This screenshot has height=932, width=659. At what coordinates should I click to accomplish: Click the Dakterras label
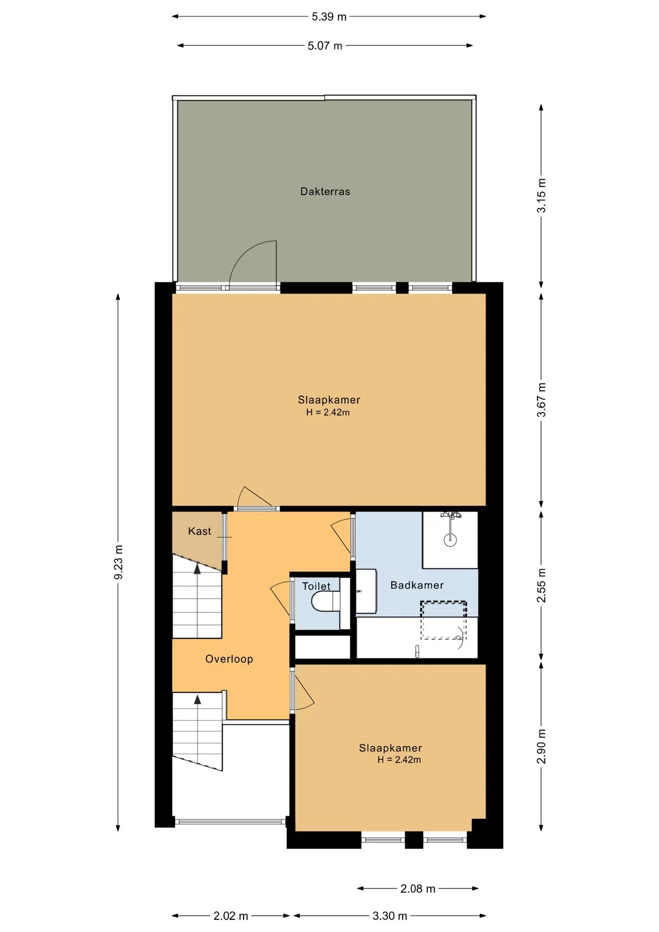(x=325, y=191)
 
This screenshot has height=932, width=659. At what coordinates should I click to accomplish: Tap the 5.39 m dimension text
(x=329, y=17)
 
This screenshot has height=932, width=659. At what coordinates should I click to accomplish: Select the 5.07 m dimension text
(x=325, y=46)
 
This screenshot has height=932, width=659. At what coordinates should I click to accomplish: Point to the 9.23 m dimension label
(x=118, y=562)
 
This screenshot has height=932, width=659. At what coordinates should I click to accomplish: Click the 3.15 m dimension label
(x=541, y=196)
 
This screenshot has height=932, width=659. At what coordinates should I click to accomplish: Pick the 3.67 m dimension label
(x=541, y=400)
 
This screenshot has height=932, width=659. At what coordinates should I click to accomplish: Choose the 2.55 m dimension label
(x=541, y=585)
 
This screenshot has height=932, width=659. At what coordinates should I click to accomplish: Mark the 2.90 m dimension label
(x=541, y=746)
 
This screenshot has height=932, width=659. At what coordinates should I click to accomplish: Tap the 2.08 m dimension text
(x=418, y=888)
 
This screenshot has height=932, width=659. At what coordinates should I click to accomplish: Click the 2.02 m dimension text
(x=231, y=915)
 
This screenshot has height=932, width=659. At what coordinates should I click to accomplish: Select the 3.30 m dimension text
(x=390, y=915)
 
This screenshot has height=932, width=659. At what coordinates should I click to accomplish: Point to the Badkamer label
(x=417, y=585)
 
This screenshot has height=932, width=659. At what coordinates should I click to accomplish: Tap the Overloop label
(x=229, y=659)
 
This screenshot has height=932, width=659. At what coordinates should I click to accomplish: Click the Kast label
(x=199, y=531)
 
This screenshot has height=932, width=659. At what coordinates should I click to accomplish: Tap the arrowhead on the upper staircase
(x=197, y=569)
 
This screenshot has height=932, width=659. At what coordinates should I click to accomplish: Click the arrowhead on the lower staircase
(x=198, y=699)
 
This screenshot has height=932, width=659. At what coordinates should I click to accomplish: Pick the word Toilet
(x=316, y=586)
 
